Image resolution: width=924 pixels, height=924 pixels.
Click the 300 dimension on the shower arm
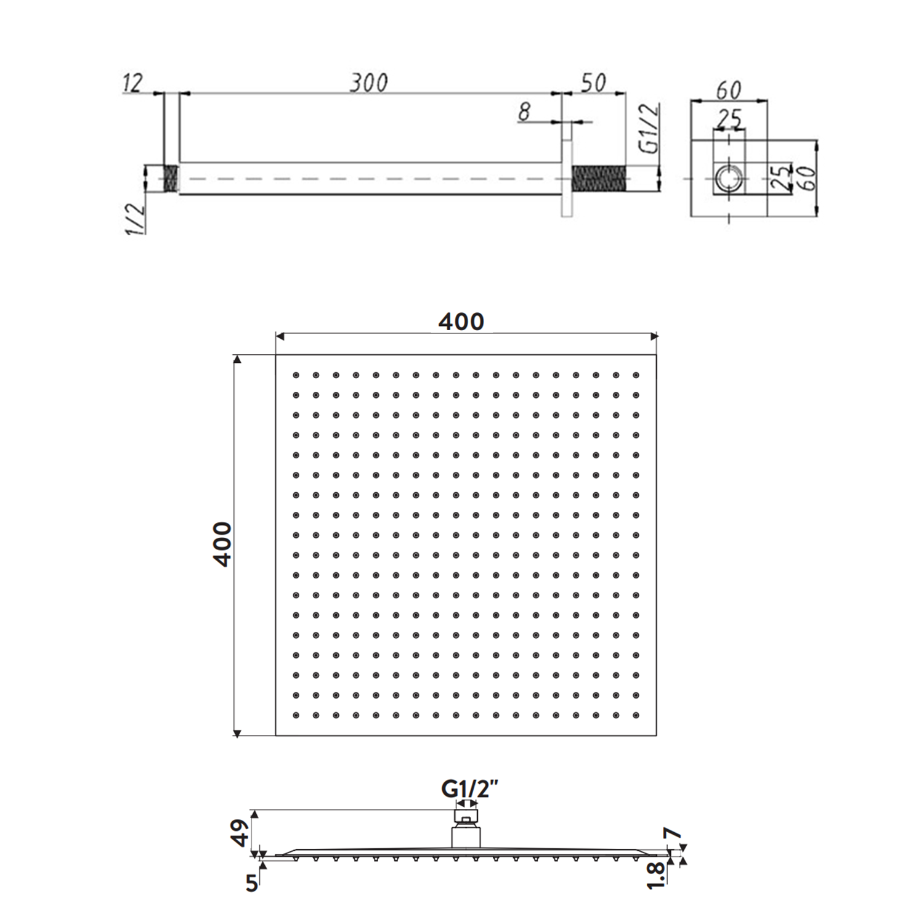coord(370,83)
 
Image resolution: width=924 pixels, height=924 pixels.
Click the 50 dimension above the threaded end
coord(594,83)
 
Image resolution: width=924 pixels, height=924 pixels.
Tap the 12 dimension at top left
coord(133,83)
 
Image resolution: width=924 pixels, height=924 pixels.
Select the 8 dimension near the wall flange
coord(524,111)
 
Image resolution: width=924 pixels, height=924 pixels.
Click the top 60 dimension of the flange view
coord(729,91)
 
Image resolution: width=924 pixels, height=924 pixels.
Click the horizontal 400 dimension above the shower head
coord(461,322)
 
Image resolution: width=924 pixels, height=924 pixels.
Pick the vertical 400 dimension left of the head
coord(222,545)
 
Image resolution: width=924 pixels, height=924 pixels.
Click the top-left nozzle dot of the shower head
coord(296,375)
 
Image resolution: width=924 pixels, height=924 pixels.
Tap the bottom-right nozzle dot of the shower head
coord(636,715)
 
